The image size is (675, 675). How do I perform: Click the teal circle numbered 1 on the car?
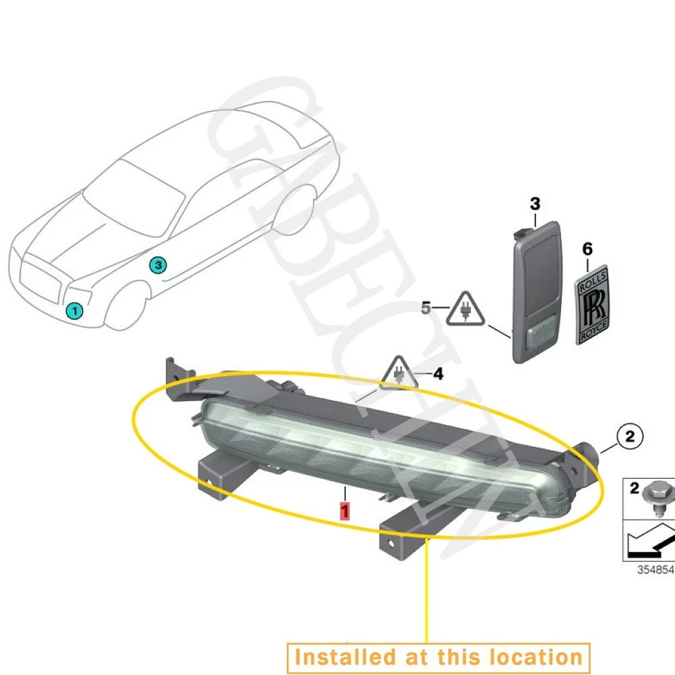point(74,310)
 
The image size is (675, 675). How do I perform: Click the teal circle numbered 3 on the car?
point(158,265)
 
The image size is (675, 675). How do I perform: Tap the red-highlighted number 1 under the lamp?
point(345,510)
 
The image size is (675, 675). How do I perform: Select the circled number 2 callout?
point(629,437)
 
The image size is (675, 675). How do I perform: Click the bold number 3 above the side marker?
point(535,205)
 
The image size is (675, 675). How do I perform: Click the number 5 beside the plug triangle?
point(426,307)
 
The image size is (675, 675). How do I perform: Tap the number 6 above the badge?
point(588,249)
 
